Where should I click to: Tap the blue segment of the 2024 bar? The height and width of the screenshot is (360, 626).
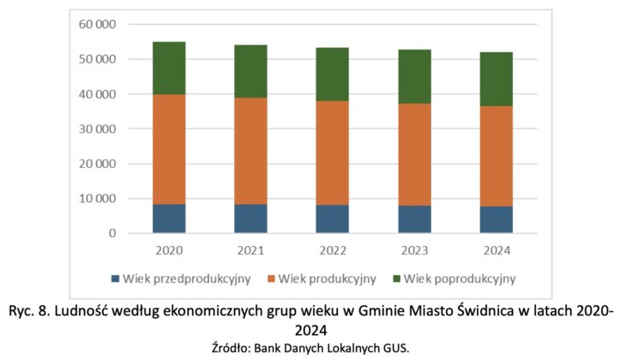click(x=496, y=219)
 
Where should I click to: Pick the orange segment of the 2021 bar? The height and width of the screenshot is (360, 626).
click(x=251, y=151)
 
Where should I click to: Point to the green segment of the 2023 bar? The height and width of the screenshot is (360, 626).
click(x=414, y=76)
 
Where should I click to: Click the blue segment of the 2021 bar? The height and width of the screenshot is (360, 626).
click(x=251, y=219)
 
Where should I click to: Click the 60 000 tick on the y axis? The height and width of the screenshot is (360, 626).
click(x=99, y=24)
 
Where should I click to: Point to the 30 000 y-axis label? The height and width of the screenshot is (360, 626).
click(x=99, y=129)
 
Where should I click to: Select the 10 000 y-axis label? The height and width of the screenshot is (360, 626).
click(x=99, y=199)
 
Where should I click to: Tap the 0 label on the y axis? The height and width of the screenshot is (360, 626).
click(x=111, y=233)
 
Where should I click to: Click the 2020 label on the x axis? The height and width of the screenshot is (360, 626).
click(x=170, y=251)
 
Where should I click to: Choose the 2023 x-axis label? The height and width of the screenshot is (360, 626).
click(x=414, y=251)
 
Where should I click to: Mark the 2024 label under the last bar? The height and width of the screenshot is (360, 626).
click(x=496, y=251)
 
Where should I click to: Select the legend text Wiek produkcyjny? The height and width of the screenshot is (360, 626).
click(x=320, y=279)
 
